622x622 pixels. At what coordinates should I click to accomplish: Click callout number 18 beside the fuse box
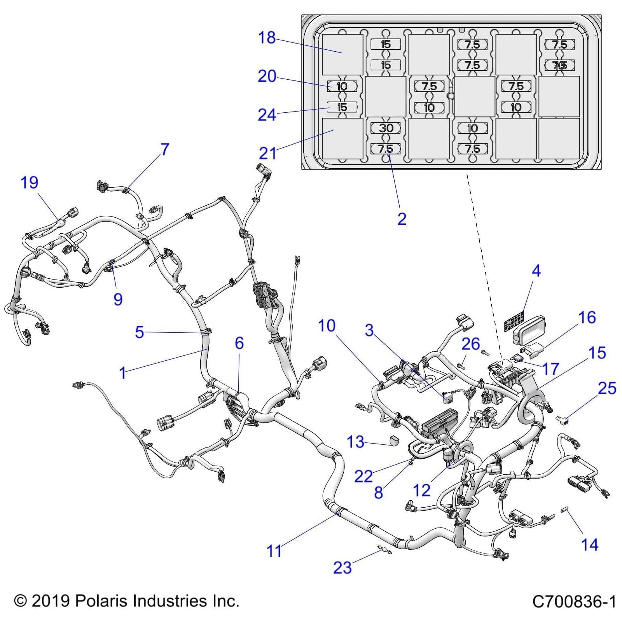267,38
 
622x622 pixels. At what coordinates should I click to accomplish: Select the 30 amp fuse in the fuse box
386,128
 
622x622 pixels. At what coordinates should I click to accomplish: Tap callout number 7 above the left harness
165,149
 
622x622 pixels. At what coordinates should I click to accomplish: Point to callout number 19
29,182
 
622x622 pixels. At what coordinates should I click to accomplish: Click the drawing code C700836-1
574,601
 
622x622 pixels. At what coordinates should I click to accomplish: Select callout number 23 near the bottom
342,568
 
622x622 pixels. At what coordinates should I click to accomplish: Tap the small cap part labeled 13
395,441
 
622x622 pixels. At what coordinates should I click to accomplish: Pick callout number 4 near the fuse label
536,271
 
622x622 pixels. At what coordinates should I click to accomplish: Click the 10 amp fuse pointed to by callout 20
342,86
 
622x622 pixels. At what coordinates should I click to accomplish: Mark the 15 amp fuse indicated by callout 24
342,107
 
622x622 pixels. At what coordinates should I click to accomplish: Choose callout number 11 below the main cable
274,551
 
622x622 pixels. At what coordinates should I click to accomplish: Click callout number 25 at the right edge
607,388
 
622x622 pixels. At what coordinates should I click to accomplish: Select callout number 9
118,299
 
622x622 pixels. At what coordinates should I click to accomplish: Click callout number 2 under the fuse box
402,219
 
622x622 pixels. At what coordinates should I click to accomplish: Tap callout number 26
470,344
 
